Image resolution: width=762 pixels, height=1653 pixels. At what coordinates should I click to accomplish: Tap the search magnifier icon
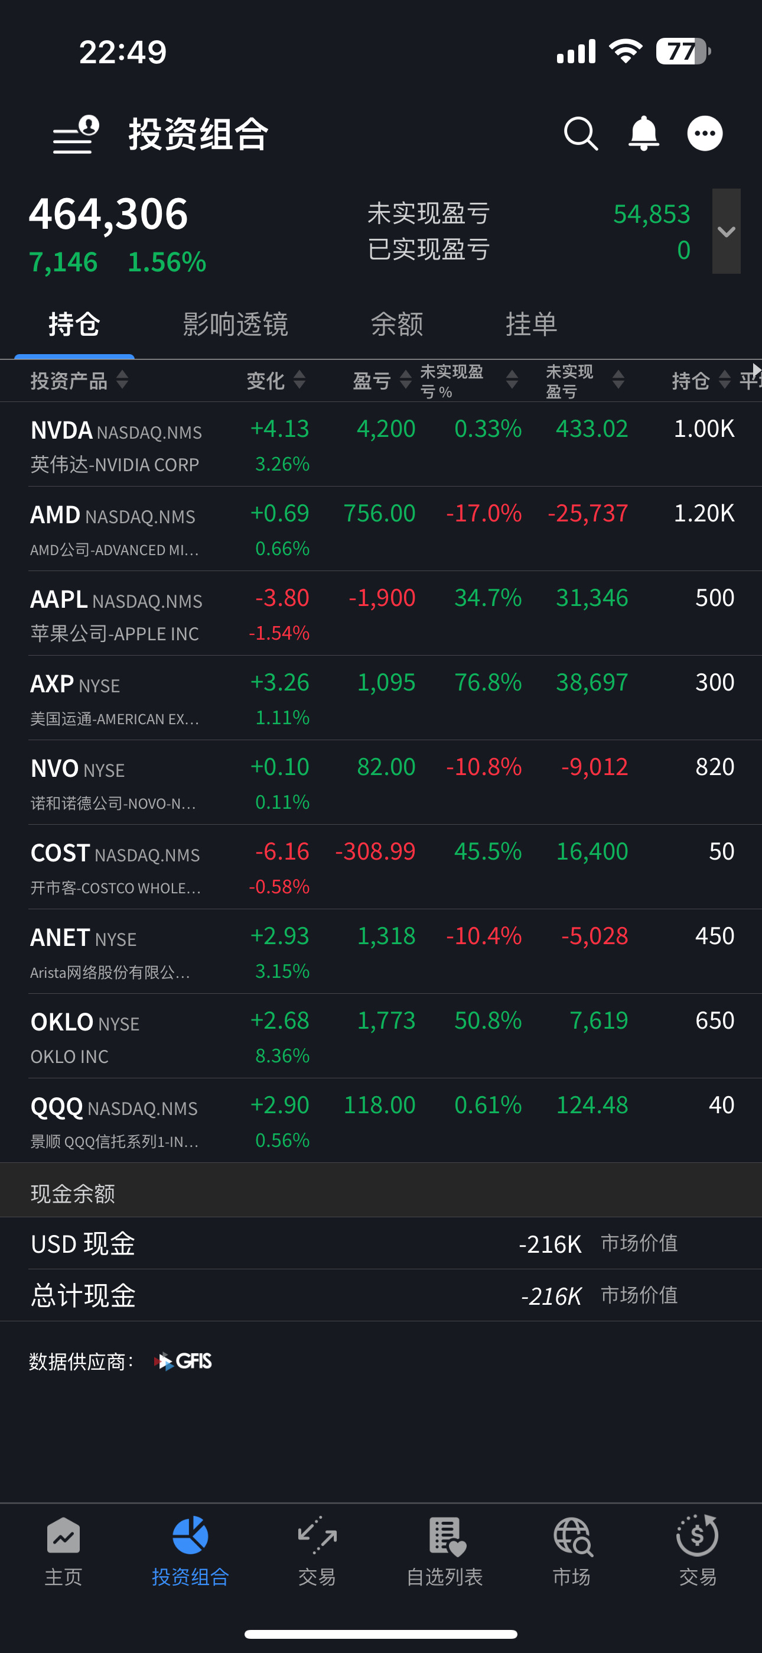[581, 134]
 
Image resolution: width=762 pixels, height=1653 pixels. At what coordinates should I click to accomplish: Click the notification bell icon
[643, 134]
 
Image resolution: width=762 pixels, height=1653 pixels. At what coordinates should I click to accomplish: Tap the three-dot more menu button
[705, 134]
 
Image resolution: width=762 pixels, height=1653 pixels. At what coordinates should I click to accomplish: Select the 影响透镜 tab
[236, 324]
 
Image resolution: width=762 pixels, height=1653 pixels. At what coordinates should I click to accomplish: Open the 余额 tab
[397, 324]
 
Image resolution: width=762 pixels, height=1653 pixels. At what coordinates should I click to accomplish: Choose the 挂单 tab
[531, 324]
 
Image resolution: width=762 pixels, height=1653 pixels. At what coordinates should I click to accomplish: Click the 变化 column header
[266, 381]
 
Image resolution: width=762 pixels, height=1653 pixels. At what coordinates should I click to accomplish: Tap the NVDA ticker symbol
[61, 430]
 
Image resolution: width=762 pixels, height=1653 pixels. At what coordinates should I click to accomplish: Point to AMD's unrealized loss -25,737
[588, 513]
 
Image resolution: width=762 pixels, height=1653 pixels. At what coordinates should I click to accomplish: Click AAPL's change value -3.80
[282, 598]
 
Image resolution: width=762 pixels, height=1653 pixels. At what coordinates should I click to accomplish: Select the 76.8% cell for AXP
[488, 682]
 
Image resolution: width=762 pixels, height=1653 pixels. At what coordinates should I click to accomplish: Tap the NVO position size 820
[715, 767]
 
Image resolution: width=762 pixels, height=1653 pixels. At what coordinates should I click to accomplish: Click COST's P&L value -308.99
[375, 851]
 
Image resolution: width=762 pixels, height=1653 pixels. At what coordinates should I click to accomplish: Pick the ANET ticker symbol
[60, 938]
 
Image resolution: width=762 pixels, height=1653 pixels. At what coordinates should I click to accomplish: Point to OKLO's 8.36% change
[282, 1055]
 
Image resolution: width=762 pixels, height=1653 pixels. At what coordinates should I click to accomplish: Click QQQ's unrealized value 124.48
[592, 1105]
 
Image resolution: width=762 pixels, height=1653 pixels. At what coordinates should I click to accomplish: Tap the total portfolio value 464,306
[109, 215]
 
